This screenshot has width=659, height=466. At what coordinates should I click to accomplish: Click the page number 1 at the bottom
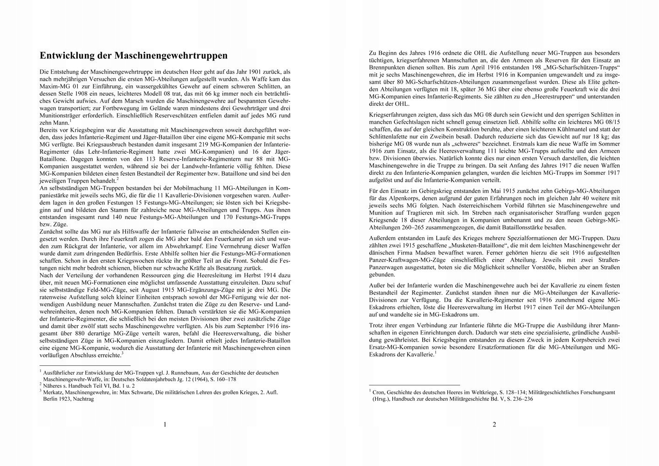[x=165, y=425]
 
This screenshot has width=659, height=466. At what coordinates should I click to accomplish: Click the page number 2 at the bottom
[x=494, y=425]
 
